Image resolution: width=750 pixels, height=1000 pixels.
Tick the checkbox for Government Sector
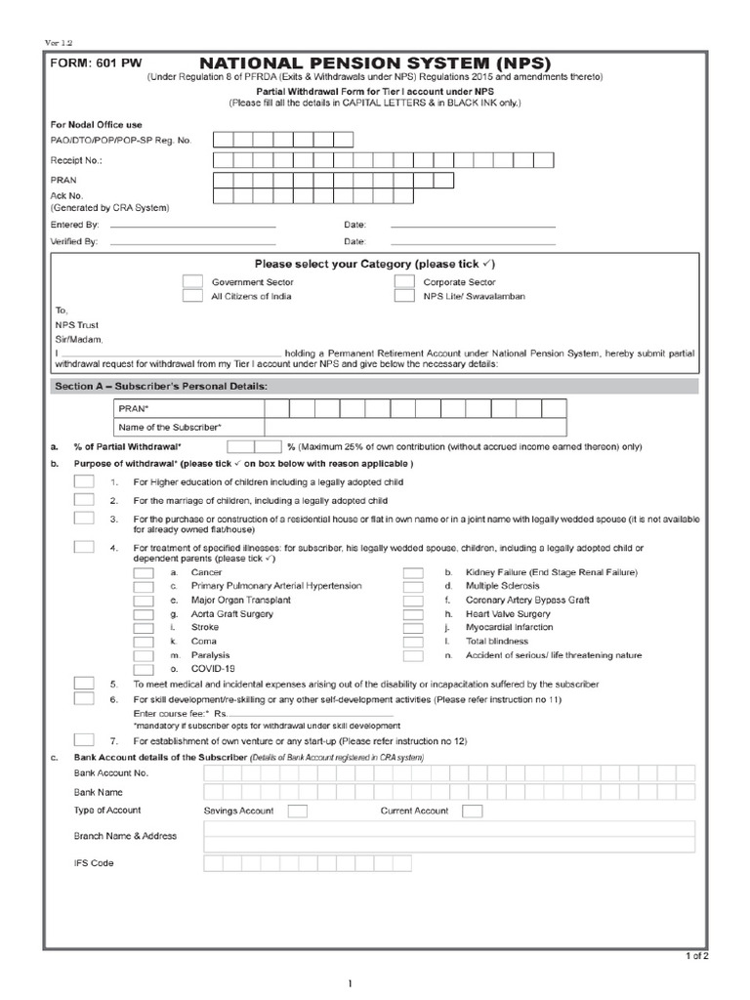click(x=192, y=281)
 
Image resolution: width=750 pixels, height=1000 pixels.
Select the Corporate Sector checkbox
click(x=404, y=281)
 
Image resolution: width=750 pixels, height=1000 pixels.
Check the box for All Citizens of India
click(x=192, y=296)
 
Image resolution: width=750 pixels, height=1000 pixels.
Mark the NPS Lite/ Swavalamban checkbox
click(x=404, y=296)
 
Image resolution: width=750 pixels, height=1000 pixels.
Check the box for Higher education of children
click(x=85, y=482)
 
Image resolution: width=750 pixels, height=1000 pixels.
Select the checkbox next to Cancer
click(x=143, y=572)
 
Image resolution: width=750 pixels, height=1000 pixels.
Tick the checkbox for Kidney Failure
click(x=413, y=572)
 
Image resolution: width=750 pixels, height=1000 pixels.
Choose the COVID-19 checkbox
click(x=143, y=669)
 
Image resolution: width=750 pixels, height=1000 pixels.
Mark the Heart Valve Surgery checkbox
click(x=413, y=613)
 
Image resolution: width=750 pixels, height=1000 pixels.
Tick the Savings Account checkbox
click(x=298, y=811)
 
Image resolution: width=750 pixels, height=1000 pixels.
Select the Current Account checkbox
click(x=472, y=811)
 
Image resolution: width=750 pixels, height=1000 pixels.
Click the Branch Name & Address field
click(x=449, y=837)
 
